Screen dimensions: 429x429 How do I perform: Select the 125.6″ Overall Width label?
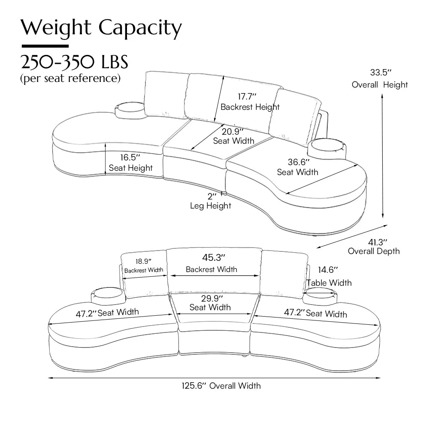(221, 386)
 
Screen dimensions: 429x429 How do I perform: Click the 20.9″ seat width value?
(233, 130)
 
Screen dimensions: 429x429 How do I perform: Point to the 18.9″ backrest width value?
(143, 261)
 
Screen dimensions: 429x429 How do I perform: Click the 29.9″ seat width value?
(210, 298)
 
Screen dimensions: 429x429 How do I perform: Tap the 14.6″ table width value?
(328, 270)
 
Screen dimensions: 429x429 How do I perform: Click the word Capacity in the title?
(140, 28)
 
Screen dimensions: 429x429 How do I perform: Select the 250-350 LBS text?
(75, 62)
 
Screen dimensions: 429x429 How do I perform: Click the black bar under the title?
(45, 46)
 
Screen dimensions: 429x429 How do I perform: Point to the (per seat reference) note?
(70, 79)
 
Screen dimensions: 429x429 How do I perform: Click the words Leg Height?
(211, 206)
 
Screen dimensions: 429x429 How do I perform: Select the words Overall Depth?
(374, 251)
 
